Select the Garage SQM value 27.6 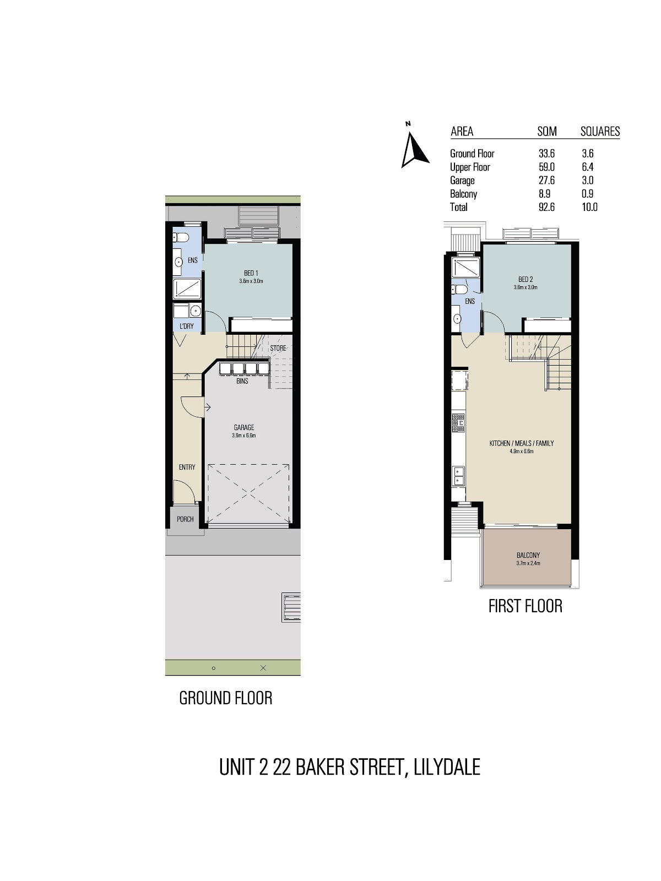click(546, 180)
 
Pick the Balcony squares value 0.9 click(588, 194)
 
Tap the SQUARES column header click(600, 131)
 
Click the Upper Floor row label click(470, 167)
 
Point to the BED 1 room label click(251, 273)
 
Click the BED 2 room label click(525, 279)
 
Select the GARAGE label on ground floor click(244, 427)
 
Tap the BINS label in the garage click(242, 381)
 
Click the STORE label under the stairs click(278, 348)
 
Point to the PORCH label click(186, 519)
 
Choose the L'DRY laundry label click(187, 326)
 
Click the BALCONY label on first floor click(528, 555)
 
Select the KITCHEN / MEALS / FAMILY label click(522, 443)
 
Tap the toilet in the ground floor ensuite click(181, 238)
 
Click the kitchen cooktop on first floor click(458, 423)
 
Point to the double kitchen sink click(458, 476)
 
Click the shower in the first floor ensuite click(466, 267)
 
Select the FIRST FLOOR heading click(525, 606)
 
